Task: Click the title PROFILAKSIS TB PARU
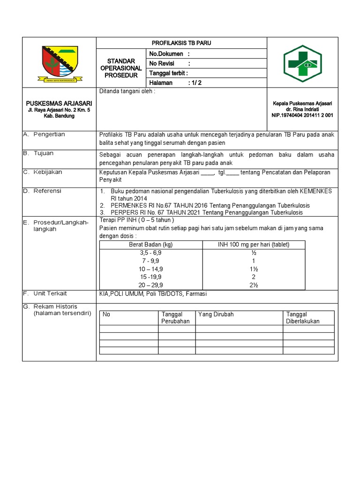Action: click(x=181, y=43)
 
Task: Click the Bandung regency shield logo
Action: click(x=60, y=64)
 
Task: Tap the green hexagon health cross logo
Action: click(x=302, y=63)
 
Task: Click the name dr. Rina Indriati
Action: click(x=302, y=109)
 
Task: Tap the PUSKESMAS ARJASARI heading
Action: click(x=59, y=103)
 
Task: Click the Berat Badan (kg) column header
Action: click(x=150, y=245)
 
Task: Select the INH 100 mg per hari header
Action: click(x=254, y=245)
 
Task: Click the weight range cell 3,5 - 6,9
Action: click(x=150, y=253)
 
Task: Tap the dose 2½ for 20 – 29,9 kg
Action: click(x=254, y=285)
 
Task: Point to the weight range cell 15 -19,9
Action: click(x=150, y=277)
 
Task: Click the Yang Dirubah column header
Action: click(x=216, y=315)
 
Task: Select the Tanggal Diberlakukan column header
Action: click(x=303, y=318)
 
